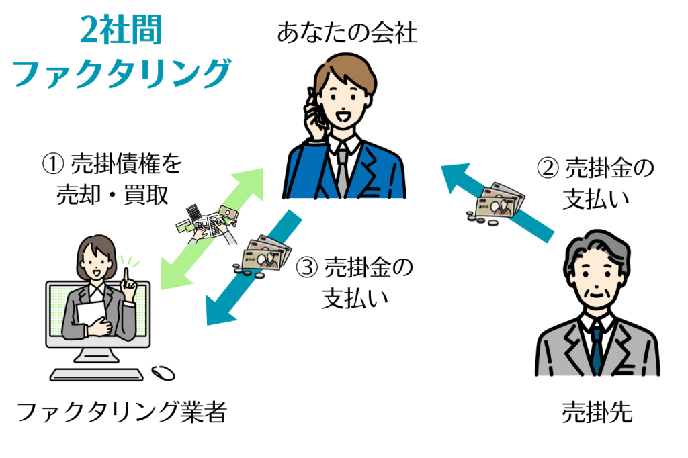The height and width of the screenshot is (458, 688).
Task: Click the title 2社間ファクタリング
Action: point(121,52)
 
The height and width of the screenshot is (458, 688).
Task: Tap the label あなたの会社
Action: point(347,33)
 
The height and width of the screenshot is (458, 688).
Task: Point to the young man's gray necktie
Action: point(342,171)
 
